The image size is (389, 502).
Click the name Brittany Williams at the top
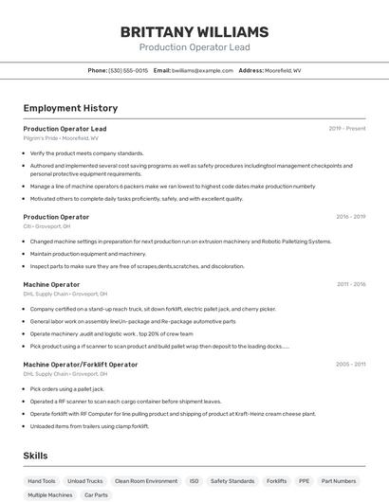(194, 32)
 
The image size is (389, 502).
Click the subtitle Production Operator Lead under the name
(194, 47)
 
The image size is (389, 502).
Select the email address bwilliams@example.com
(202, 70)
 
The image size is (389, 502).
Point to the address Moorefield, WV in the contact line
(284, 70)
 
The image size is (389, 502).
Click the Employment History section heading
(70, 108)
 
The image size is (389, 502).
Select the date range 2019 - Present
(347, 128)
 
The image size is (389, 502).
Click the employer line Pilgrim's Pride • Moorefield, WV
(61, 137)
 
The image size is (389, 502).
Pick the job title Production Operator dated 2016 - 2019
(56, 217)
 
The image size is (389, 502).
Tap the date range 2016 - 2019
(350, 217)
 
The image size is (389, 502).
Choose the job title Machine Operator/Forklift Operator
(81, 364)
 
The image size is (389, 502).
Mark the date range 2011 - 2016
(350, 284)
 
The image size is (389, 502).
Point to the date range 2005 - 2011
(350, 364)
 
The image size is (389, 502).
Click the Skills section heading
(35, 456)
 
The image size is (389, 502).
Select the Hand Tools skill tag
(42, 481)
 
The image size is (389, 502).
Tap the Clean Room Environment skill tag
(146, 481)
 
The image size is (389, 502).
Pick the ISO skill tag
(194, 481)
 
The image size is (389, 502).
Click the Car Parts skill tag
(96, 494)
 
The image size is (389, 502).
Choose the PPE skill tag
(304, 481)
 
